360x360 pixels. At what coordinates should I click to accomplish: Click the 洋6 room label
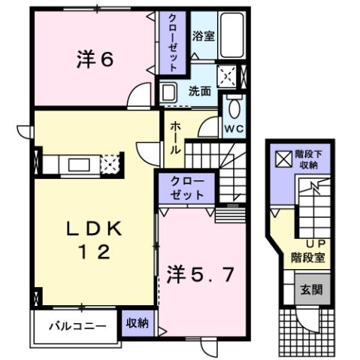[x=95, y=59]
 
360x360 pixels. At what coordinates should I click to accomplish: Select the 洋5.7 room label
[x=200, y=273]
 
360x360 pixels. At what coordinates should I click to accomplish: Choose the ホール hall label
[x=174, y=138]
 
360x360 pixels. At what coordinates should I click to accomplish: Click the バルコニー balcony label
[x=73, y=326]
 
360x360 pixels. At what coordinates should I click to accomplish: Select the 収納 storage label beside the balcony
[x=136, y=323]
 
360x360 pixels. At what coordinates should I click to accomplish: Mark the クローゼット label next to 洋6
[x=171, y=44]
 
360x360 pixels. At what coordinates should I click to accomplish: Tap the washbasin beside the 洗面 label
[x=170, y=93]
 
